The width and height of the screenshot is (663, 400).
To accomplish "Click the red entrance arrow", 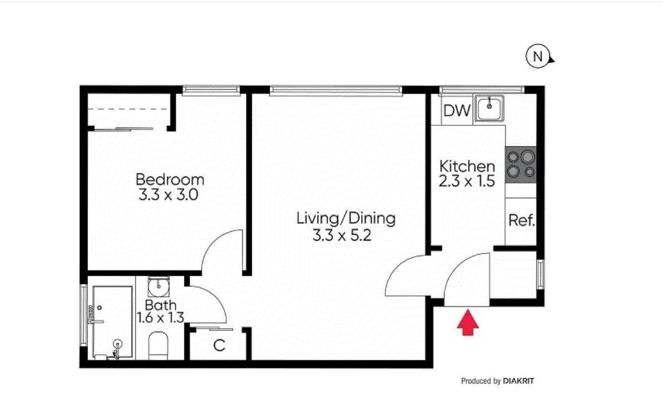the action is coord(467,322).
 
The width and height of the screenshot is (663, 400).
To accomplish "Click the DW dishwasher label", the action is coord(457,111).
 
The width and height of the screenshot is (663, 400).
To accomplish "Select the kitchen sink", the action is coord(489,108).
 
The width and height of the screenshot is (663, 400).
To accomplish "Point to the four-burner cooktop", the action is coord(521,164).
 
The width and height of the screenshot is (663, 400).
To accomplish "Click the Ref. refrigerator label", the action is coord(521,220).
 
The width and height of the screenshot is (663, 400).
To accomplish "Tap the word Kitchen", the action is coord(467,165).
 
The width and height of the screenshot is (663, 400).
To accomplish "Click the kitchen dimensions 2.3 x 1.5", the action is coord(466,181).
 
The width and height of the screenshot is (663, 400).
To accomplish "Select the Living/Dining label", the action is coord(346,218).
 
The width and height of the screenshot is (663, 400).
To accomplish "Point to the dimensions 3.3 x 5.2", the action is coord(342,235).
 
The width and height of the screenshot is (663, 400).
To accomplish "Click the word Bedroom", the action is coord(169,179).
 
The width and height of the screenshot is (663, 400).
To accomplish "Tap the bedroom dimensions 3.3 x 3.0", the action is coord(168,195).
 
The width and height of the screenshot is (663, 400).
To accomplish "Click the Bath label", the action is coord(160,304).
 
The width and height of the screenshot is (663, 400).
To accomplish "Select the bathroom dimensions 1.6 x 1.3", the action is coord(160,318).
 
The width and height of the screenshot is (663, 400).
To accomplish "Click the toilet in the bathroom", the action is coord(159,345).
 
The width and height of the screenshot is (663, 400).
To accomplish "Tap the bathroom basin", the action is coord(159,286).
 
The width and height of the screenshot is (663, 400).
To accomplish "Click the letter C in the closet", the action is coord(219,345).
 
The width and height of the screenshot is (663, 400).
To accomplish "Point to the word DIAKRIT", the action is coord(518,381).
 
